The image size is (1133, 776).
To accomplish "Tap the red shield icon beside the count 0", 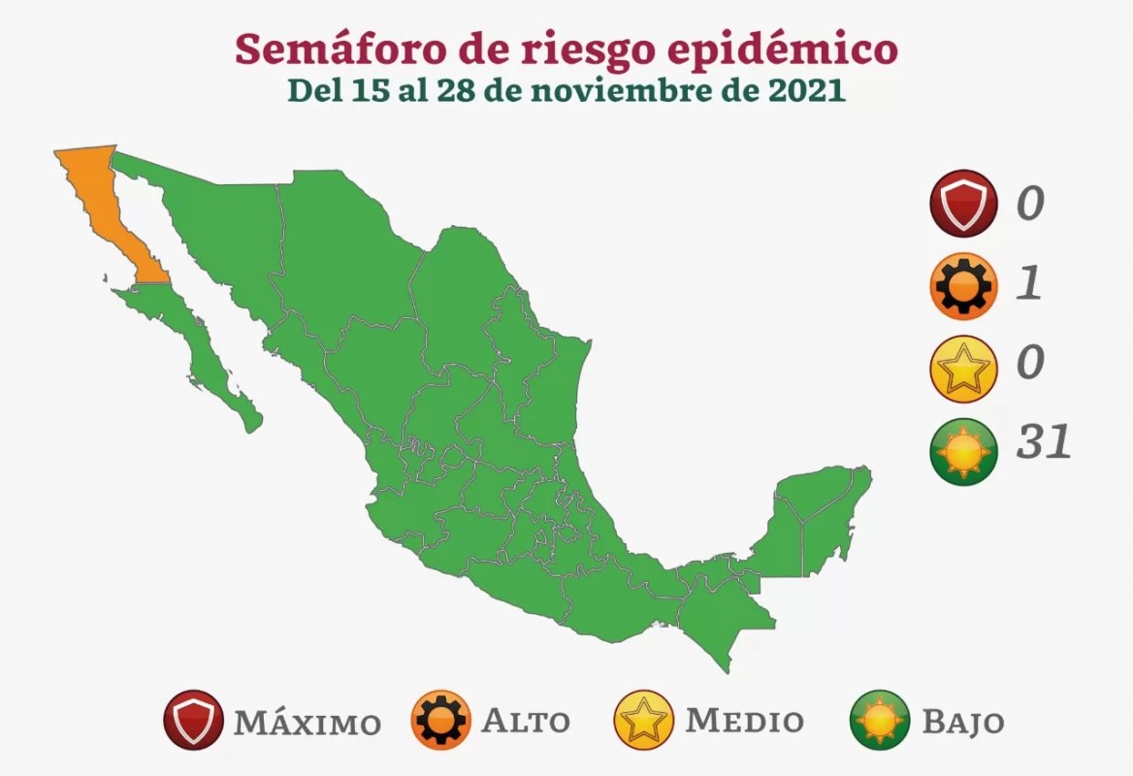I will tap(962, 204).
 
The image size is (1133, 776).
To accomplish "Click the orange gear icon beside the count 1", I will tap(962, 286).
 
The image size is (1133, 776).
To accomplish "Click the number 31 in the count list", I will tap(1043, 443).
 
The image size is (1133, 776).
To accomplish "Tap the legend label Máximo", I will tap(306, 723).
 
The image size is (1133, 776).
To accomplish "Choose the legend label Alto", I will tap(525, 722).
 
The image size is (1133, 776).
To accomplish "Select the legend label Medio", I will tap(744, 721).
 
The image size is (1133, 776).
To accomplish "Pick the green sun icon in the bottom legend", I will tap(880, 721).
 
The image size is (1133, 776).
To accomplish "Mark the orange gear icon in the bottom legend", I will tap(440, 721).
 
